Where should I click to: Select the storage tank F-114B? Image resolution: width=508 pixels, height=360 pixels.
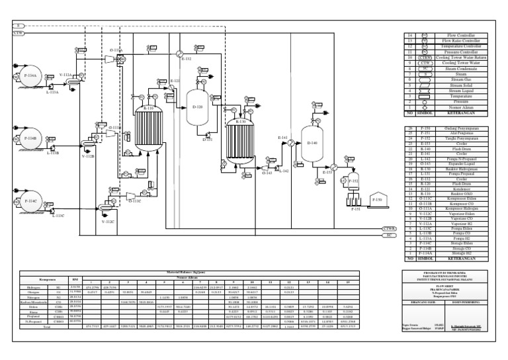point(28,140)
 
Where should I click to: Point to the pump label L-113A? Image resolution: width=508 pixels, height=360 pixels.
point(52,93)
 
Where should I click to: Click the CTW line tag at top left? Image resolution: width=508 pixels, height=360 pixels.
point(18,32)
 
